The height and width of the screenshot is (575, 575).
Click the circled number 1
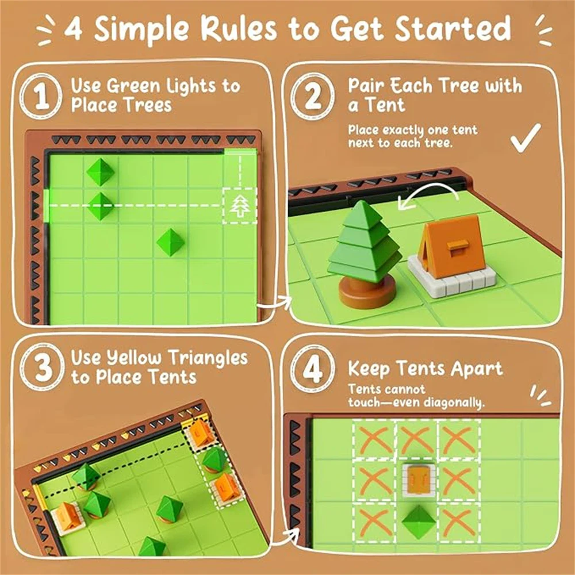(41, 96)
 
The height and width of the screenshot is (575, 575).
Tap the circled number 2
(312, 96)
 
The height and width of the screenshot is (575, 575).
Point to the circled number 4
(312, 368)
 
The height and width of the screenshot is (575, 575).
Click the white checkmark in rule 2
(526, 137)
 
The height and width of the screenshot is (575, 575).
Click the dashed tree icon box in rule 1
(240, 205)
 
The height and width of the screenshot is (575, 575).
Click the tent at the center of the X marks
(419, 480)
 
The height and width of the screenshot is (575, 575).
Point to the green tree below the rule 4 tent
(419, 522)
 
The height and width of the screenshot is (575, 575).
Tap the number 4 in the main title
(74, 29)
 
